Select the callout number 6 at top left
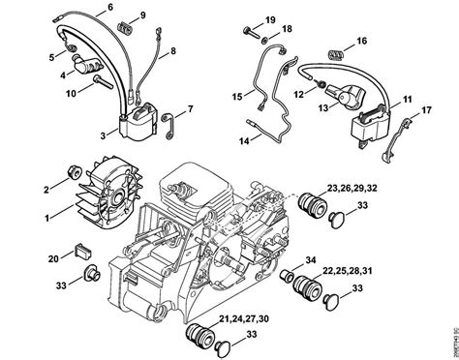109,8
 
